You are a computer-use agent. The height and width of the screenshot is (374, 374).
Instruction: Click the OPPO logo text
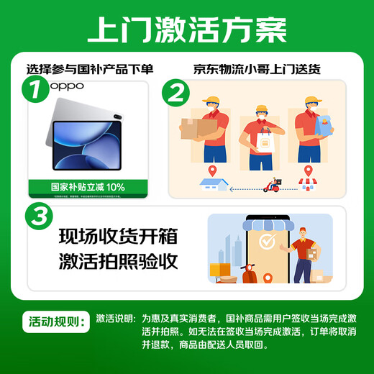(67, 86)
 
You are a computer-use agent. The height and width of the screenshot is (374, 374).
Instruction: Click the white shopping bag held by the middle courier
(265, 141)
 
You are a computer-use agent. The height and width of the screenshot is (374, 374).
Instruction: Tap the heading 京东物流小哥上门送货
(256, 70)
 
